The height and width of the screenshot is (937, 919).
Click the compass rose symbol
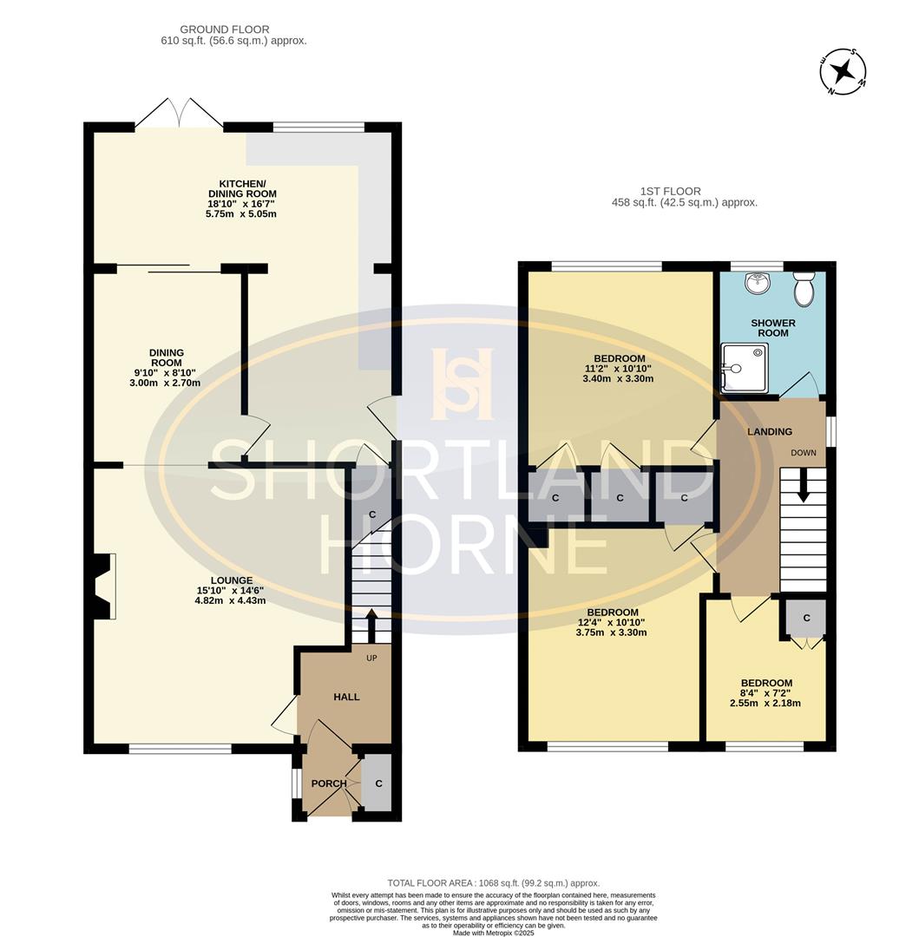point(842,72)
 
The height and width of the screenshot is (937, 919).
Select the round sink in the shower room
point(758,280)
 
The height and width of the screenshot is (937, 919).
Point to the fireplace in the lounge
point(104,586)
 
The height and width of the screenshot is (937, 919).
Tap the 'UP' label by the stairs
point(371,659)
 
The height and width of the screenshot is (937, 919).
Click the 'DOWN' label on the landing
point(803,453)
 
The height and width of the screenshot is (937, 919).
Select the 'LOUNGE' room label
point(231,580)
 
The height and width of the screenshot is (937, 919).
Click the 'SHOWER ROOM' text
point(772,328)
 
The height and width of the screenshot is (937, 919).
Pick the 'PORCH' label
point(329,783)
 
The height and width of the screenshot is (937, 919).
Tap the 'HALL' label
point(346,697)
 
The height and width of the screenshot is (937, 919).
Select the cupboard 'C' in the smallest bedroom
point(806,618)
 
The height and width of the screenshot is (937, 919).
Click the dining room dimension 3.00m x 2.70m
point(165,383)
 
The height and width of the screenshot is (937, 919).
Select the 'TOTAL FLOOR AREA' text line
point(493,883)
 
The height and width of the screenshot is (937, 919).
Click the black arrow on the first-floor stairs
point(803,486)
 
